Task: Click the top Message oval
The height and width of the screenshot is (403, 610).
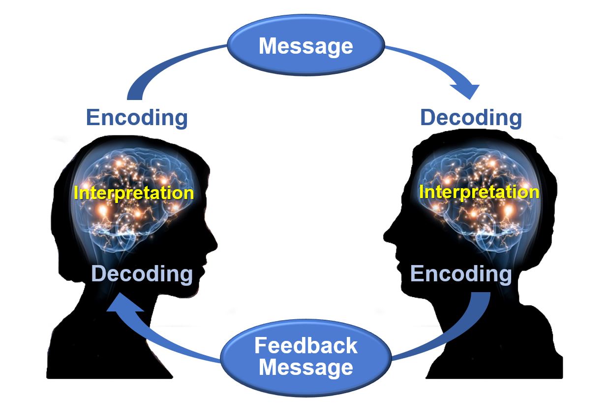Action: (305, 46)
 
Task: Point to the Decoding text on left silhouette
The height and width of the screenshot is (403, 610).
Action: (142, 274)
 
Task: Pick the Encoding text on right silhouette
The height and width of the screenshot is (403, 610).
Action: (461, 274)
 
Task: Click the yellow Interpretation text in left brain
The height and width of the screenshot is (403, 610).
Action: (134, 193)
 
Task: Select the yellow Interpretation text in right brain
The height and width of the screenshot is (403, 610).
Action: (479, 192)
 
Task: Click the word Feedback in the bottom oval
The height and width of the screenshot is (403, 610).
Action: (305, 346)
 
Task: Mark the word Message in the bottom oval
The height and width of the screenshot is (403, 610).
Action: (305, 368)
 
